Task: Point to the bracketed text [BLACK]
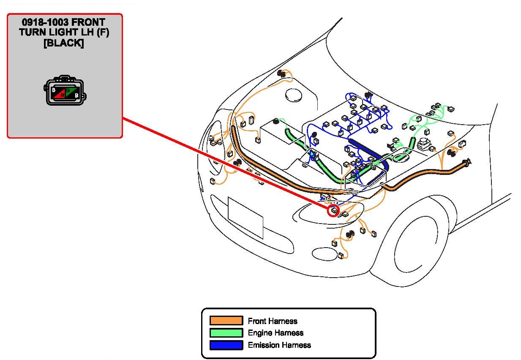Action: coord(64,43)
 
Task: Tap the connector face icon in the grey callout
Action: coord(65,90)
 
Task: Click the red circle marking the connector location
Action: coord(333,210)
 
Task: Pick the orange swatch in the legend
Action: coord(226,321)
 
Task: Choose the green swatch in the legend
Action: coord(226,333)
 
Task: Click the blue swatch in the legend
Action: coord(226,345)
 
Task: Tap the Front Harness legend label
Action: coord(273,321)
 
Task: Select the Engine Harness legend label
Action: coord(276,333)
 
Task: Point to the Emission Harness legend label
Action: coord(279,345)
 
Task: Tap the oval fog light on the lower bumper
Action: coord(323,253)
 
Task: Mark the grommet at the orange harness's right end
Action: coord(467,162)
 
